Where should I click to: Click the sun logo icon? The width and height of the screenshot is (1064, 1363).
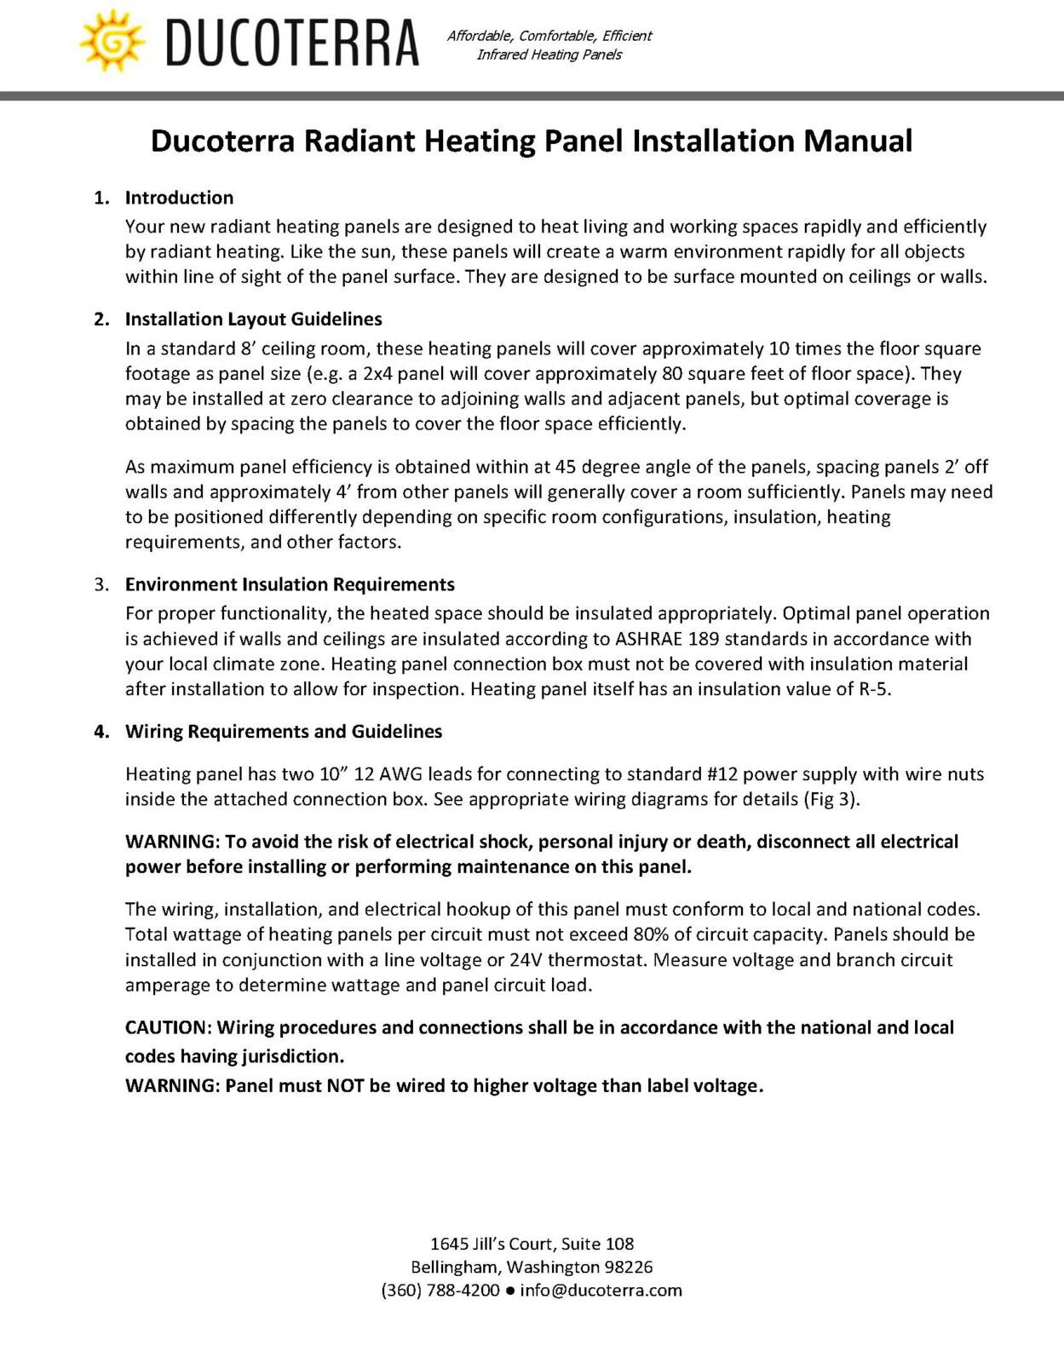(x=112, y=41)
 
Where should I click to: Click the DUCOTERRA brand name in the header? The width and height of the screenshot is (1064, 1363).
(x=292, y=43)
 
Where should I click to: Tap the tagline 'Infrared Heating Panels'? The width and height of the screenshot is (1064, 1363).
(x=549, y=55)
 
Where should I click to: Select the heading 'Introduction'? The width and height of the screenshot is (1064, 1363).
(x=179, y=198)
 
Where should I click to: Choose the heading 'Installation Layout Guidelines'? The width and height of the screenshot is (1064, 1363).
(x=253, y=319)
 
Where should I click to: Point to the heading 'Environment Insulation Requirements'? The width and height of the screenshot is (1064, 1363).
(x=290, y=584)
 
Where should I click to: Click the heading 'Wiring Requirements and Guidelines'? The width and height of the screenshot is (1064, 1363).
(x=284, y=732)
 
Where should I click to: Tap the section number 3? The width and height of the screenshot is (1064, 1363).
(x=101, y=584)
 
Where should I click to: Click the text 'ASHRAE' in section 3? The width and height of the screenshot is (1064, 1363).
(x=648, y=639)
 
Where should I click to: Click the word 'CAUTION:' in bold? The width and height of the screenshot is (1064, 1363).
(x=168, y=1027)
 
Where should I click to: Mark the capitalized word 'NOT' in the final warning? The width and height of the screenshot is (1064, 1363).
(x=345, y=1086)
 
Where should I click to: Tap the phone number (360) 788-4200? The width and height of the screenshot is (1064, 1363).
(x=440, y=1291)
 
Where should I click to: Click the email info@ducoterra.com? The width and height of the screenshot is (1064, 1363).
(x=601, y=1291)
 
